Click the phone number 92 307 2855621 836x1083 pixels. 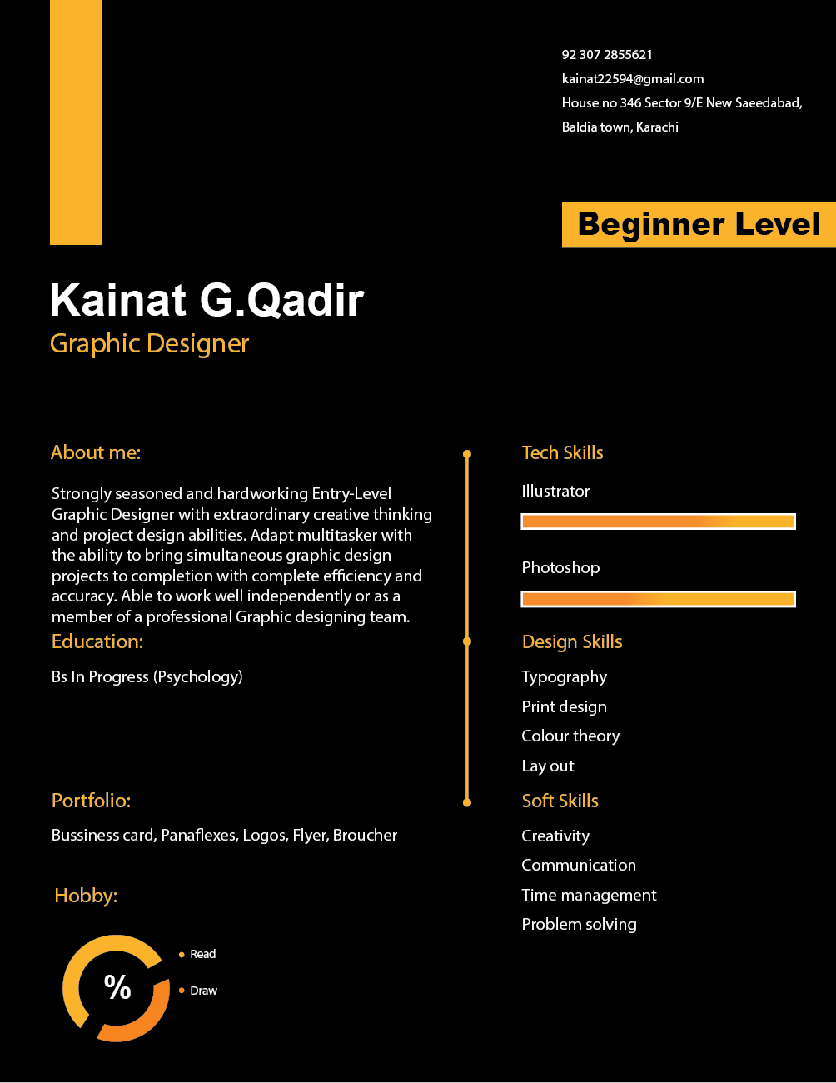[x=607, y=55]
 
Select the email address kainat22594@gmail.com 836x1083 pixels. [x=633, y=79]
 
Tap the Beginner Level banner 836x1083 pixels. [x=699, y=224]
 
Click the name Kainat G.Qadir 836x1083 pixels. [x=207, y=300]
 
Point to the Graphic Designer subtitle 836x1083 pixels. [x=149, y=343]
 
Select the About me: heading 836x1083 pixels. [x=96, y=452]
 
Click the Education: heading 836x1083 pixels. [x=97, y=641]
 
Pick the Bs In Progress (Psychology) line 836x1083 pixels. [x=147, y=676]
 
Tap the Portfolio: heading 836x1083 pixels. [x=92, y=801]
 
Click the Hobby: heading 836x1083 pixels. [x=86, y=896]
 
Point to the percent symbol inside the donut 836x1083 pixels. [x=117, y=987]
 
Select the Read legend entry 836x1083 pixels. [x=202, y=955]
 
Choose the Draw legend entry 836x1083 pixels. [x=203, y=991]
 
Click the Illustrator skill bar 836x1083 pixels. [x=658, y=522]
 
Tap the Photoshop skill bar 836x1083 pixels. [x=658, y=599]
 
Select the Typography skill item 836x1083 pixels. [x=564, y=677]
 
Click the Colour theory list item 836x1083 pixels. [x=570, y=736]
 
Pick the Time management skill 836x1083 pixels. [x=589, y=896]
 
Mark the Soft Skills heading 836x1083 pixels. [x=560, y=801]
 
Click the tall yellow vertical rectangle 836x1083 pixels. [x=76, y=122]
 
